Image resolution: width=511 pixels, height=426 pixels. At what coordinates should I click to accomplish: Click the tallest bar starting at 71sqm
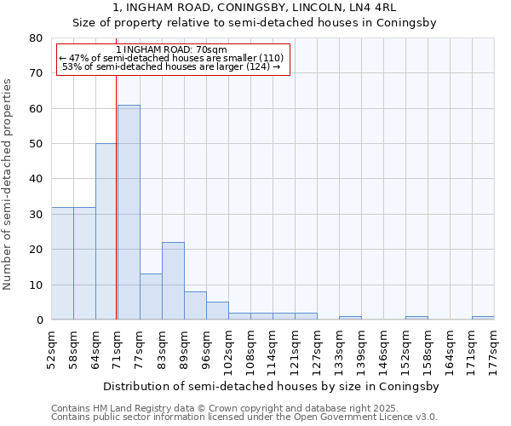click(129, 212)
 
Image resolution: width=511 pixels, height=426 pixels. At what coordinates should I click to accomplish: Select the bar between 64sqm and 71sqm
click(106, 232)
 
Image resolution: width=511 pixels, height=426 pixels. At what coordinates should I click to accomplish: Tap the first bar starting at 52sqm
click(62, 263)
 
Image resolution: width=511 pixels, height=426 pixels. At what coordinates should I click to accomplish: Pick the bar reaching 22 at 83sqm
click(173, 281)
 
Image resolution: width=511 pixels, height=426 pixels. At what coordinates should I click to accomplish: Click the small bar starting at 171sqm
click(482, 318)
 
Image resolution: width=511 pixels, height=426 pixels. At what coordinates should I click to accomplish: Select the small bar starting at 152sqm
click(416, 318)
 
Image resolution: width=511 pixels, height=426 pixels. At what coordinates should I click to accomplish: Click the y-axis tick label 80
click(36, 38)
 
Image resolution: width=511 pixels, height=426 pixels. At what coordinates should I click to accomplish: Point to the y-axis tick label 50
click(36, 144)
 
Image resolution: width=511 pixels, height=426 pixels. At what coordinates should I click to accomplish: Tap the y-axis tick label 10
click(36, 285)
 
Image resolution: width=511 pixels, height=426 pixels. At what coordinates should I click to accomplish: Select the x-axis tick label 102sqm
click(228, 349)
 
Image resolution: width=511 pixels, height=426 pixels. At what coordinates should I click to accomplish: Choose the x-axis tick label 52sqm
click(51, 349)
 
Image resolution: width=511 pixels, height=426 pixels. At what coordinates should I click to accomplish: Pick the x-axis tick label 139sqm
click(361, 349)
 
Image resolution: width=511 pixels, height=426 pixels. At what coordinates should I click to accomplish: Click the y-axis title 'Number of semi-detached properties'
click(8, 183)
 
